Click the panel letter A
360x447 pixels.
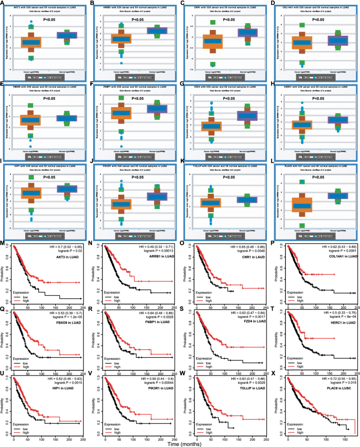coord(4,3)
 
